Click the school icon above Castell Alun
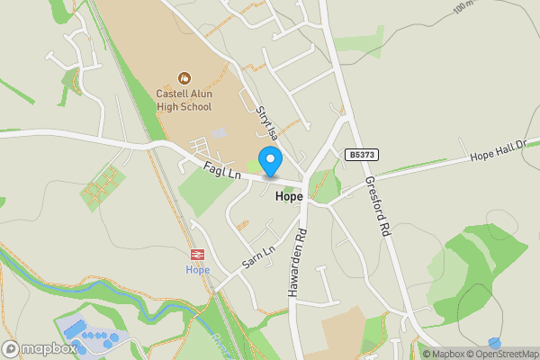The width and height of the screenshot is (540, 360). click(x=184, y=78)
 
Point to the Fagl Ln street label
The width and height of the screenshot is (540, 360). click(x=220, y=168)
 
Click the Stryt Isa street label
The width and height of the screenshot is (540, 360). click(x=266, y=123)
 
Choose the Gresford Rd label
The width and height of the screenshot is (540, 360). click(x=376, y=206)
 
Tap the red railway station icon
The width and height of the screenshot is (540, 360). click(x=197, y=255)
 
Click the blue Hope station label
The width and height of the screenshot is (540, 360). click(x=197, y=269)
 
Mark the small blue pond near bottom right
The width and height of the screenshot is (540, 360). click(x=494, y=343)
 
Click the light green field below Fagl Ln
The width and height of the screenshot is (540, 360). click(x=202, y=191)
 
